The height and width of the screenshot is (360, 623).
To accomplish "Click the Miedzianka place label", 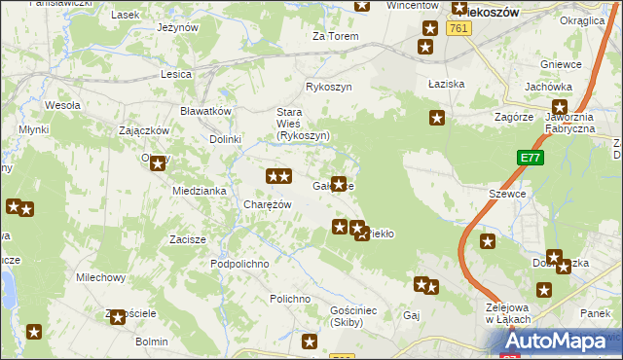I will pos(200,191).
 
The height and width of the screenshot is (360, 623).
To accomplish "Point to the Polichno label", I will pos(290,299).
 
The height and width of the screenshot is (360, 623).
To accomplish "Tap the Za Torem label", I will pos(335,36).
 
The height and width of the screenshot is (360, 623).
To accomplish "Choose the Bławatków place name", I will pos(205,111).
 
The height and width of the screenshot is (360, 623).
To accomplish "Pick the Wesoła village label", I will pos(62,105).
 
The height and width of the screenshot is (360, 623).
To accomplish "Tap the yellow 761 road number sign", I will pos(459,29).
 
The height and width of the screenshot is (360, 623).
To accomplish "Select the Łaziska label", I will pos(444,84).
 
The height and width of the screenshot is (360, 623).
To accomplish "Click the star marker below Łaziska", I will pos(437,119).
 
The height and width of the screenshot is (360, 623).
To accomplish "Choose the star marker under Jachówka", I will pos(561,108).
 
